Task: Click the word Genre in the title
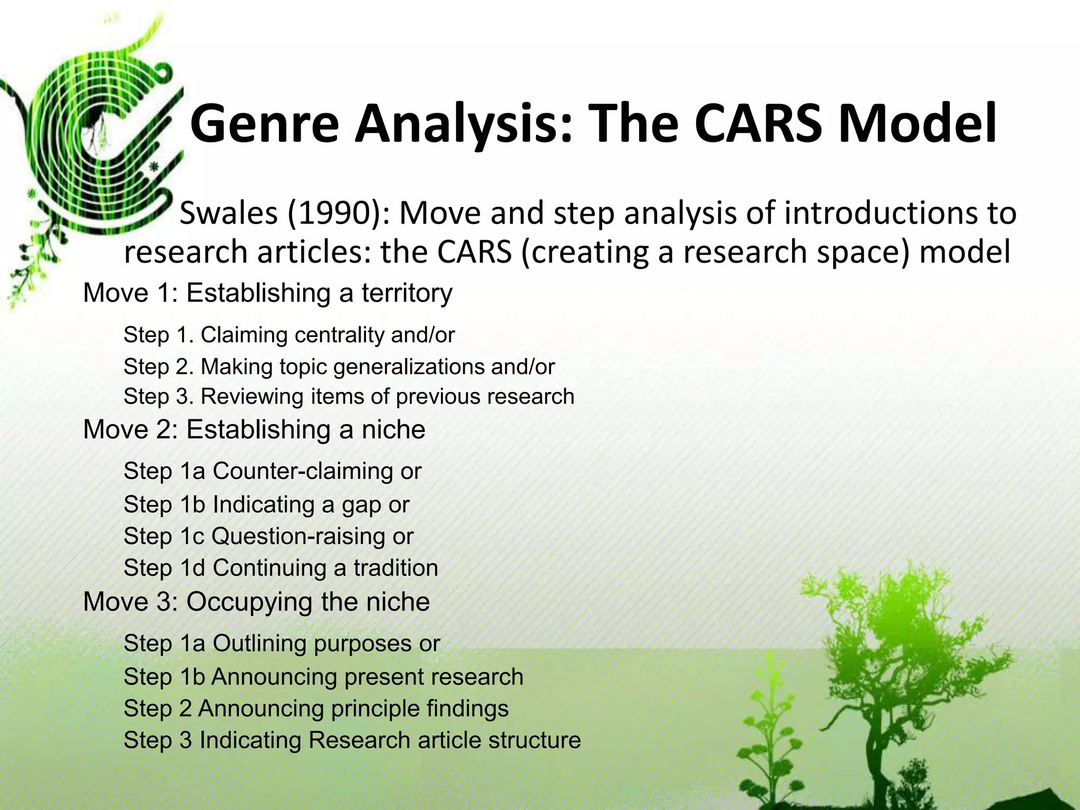[x=264, y=124]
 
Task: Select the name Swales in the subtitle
[x=228, y=214]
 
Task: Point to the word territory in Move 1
[x=407, y=293]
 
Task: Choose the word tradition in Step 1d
[x=396, y=568]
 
